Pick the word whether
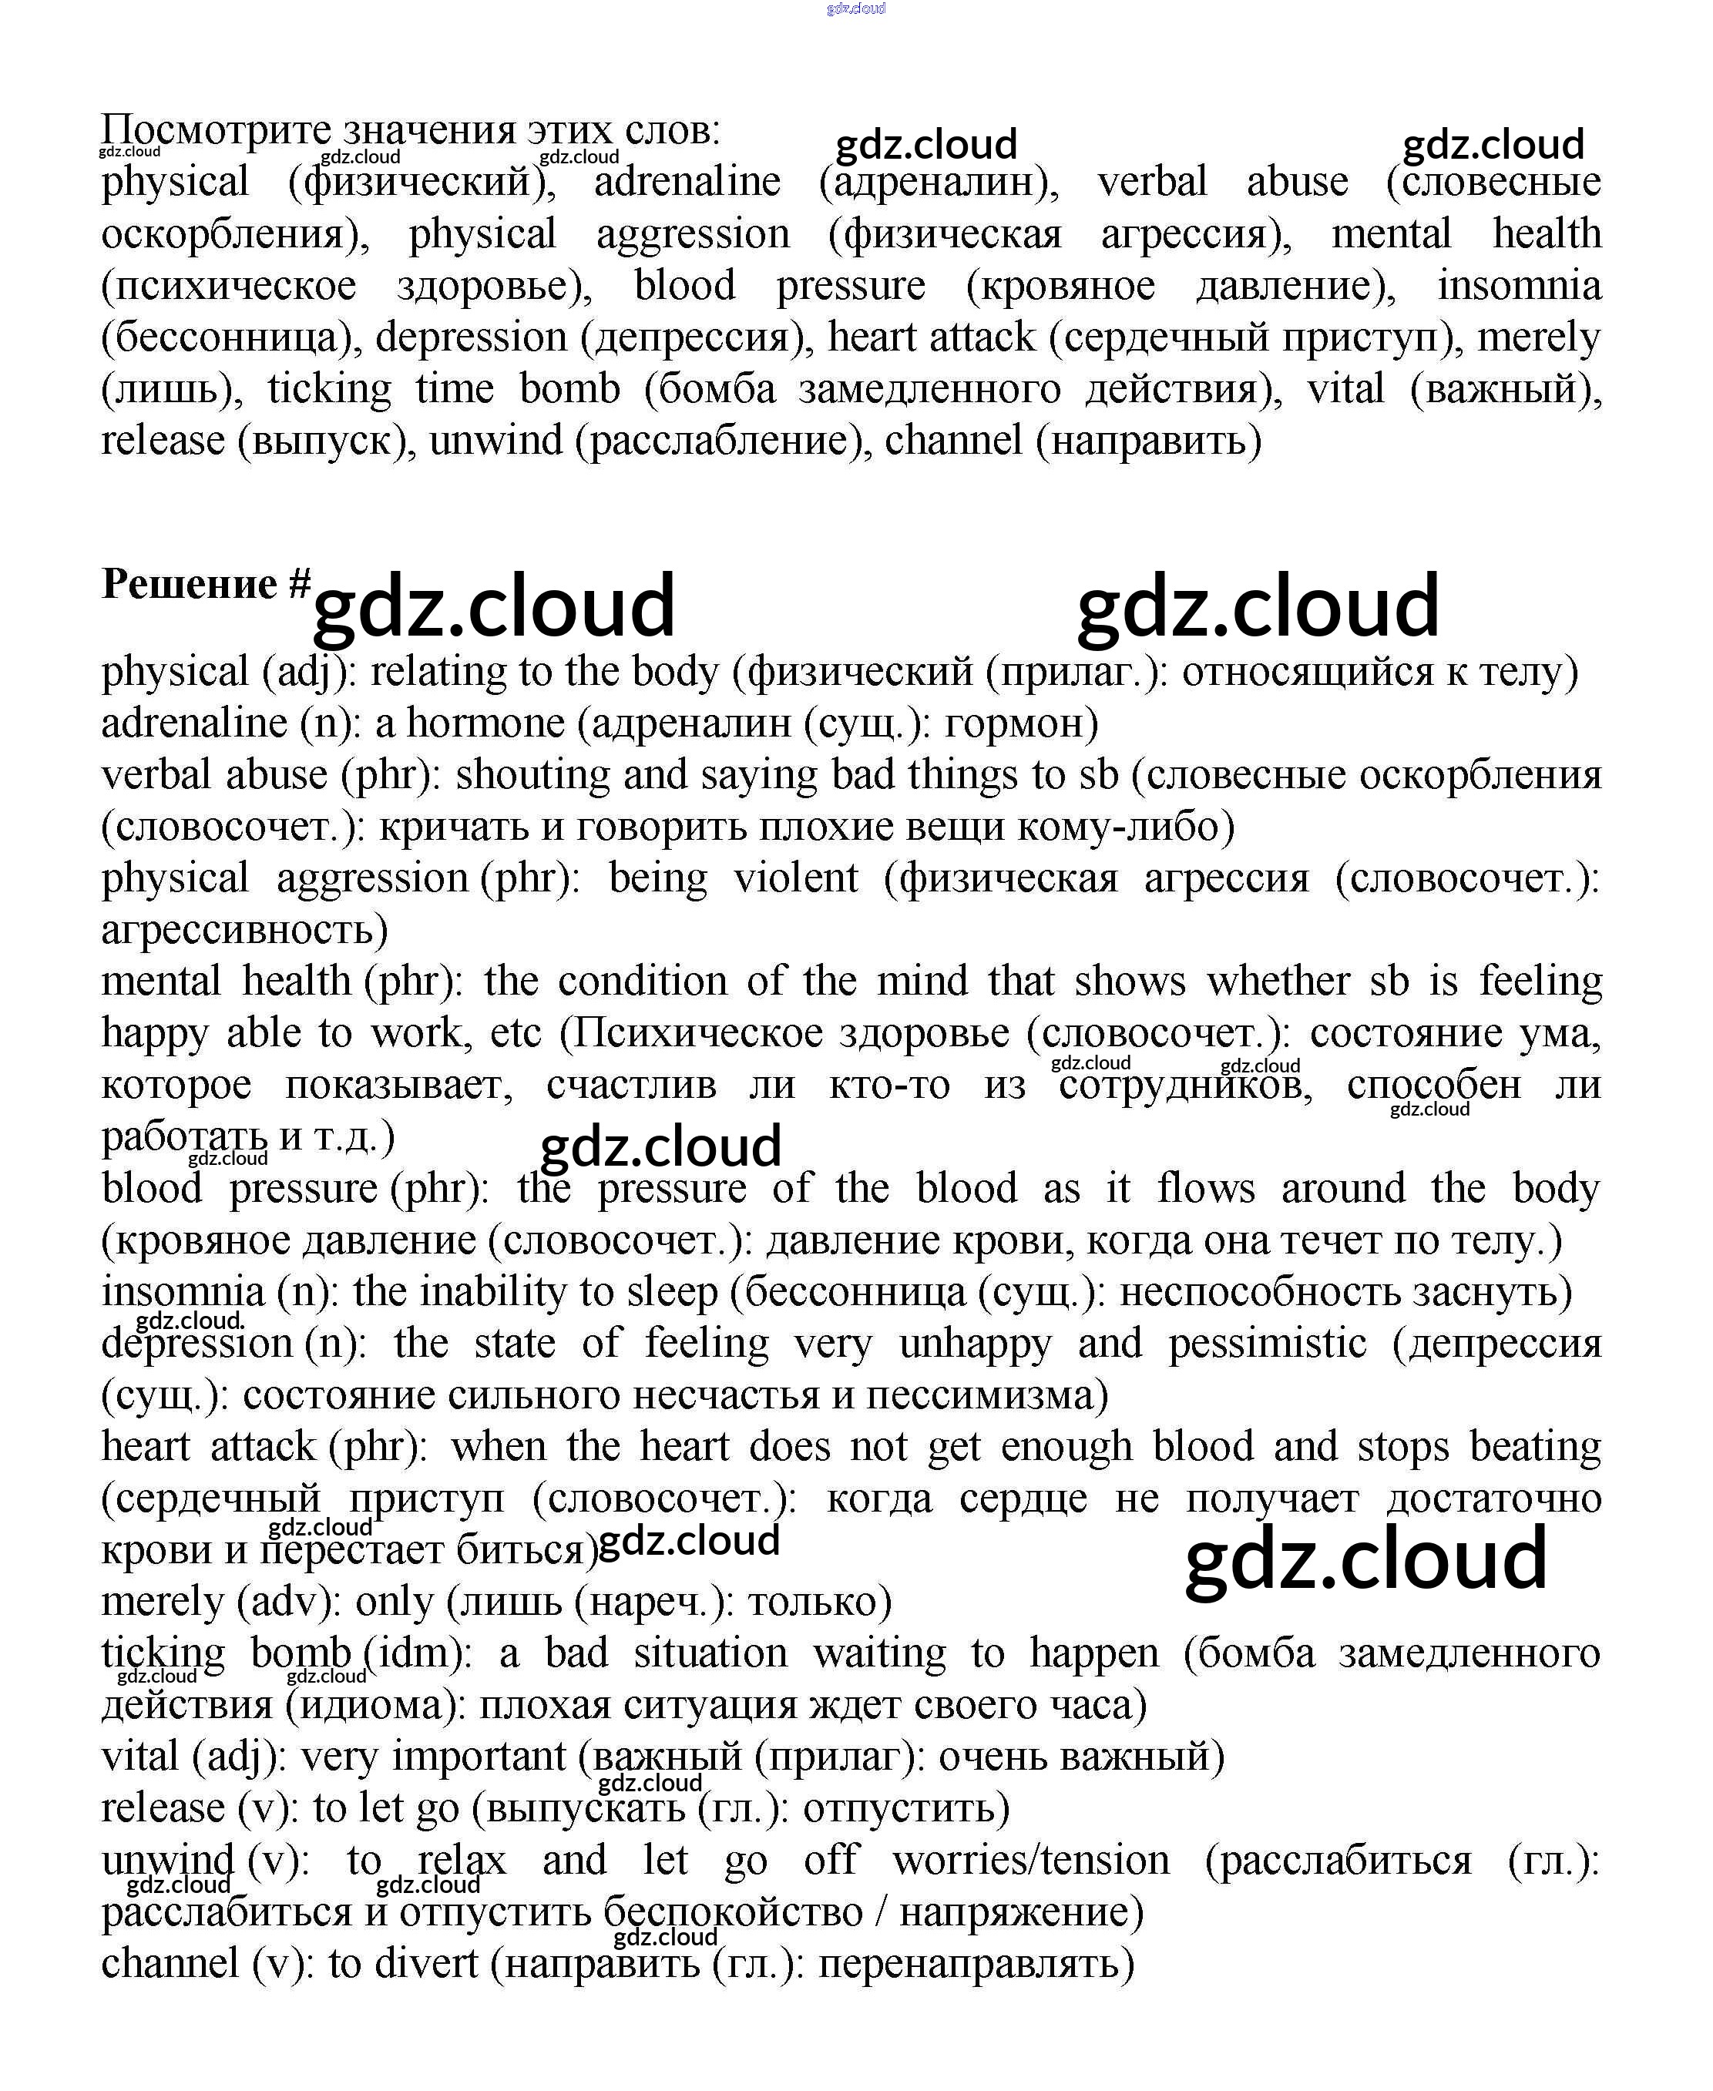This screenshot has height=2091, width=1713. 1278,982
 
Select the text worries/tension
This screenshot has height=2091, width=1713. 1031,1860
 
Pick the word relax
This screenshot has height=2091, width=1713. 461,1860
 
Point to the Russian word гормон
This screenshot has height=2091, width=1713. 1020,724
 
